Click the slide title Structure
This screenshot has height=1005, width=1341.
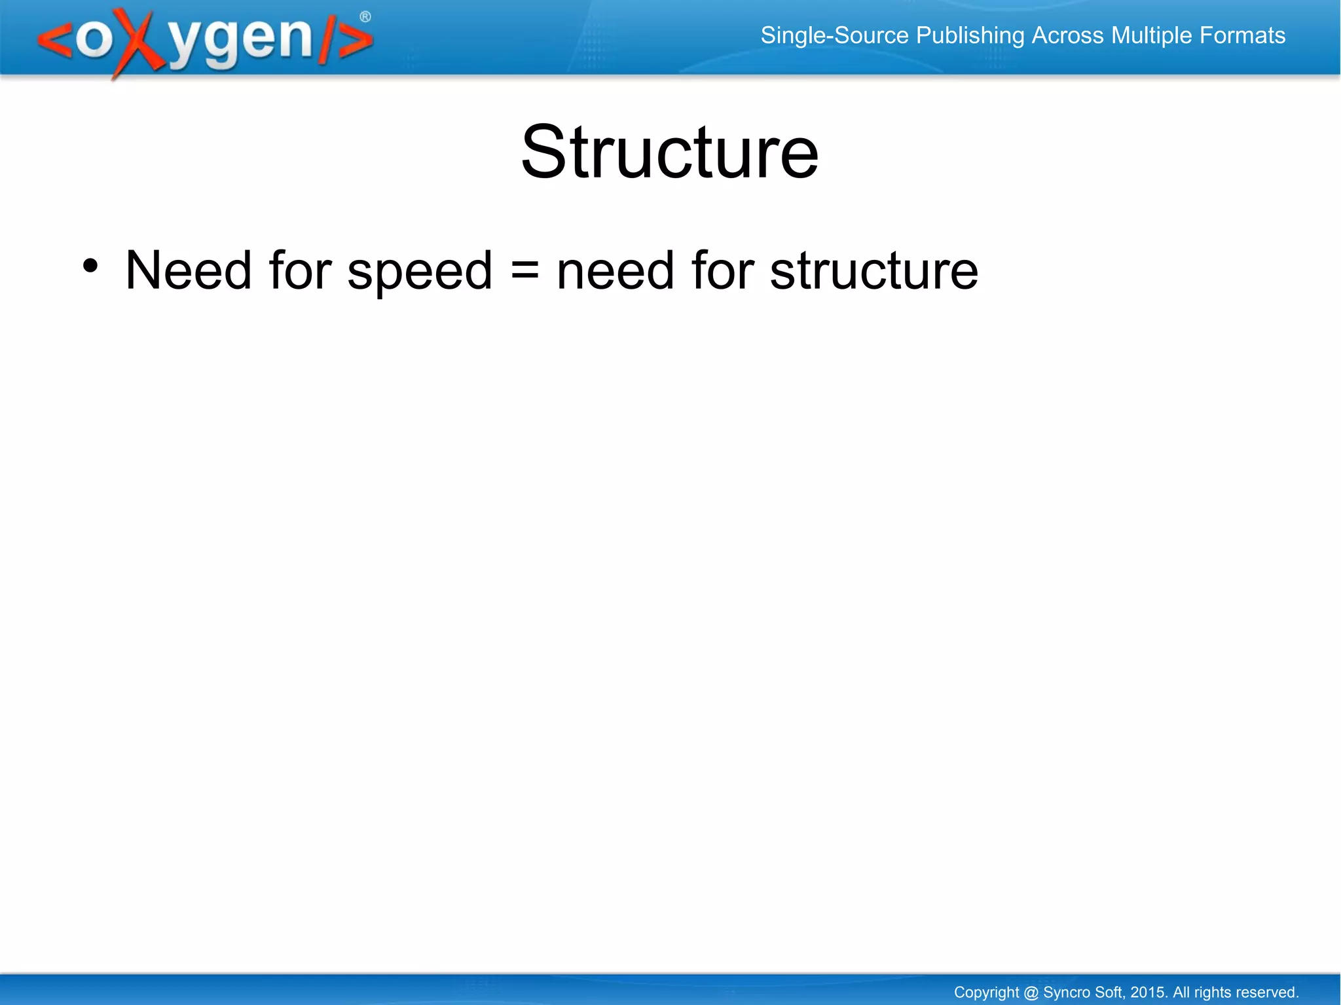click(x=669, y=153)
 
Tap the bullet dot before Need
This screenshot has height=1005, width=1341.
click(x=90, y=266)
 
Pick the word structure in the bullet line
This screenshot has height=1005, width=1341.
click(x=873, y=271)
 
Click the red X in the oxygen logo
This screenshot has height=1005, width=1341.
click(x=139, y=42)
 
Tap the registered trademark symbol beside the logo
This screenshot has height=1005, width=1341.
click(x=365, y=17)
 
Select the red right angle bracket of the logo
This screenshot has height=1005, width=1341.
click(x=356, y=41)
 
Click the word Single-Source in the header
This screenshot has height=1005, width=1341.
click(x=834, y=35)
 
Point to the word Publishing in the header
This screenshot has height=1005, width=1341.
click(x=970, y=36)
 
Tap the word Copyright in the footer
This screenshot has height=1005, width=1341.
click(x=986, y=993)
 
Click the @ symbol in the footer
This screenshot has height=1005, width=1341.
click(x=1031, y=993)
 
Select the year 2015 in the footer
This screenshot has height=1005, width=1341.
click(x=1148, y=992)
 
